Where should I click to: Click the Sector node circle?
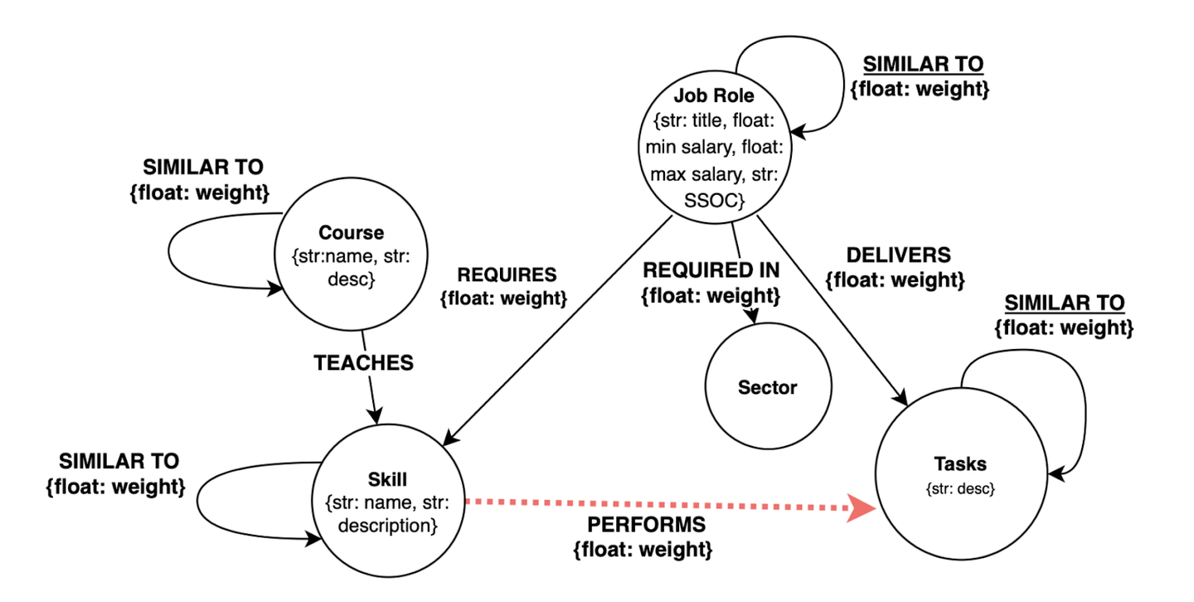767,387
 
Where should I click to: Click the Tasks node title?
960,464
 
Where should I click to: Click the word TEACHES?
363,362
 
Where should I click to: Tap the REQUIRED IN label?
711,269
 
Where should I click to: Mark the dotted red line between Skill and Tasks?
655,502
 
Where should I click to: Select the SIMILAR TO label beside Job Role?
923,64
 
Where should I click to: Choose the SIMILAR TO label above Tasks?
1064,303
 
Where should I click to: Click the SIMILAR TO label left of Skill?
119,460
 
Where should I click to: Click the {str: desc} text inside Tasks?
960,489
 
